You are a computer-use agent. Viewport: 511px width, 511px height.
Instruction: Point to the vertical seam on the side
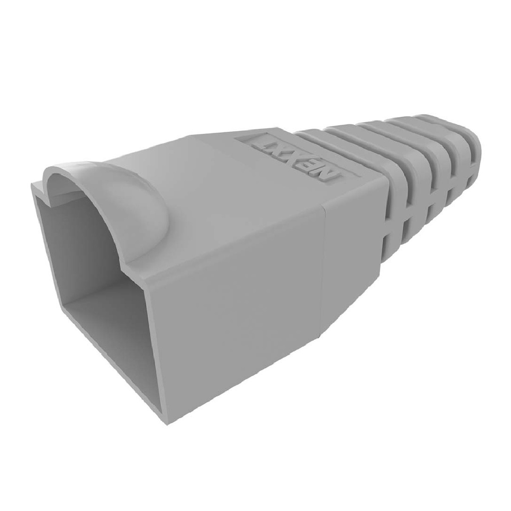324,259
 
